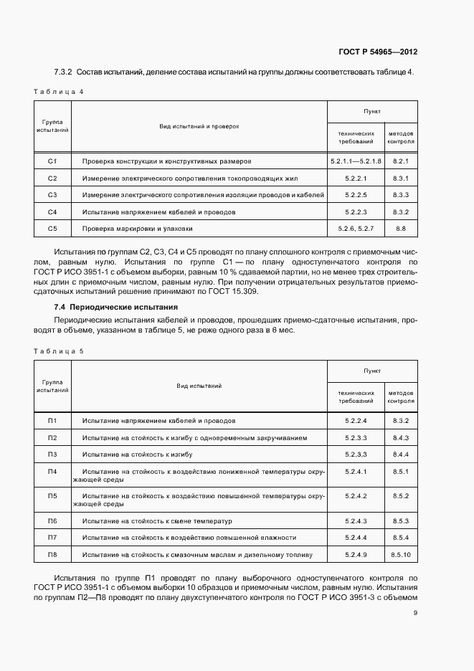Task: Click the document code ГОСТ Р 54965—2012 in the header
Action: pyautogui.click(x=378, y=52)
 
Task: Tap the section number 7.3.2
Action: pyautogui.click(x=65, y=72)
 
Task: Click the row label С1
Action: pyautogui.click(x=52, y=161)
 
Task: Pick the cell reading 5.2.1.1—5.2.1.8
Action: pyautogui.click(x=356, y=161)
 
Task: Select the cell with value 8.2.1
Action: pyautogui.click(x=401, y=161)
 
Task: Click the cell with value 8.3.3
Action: pyautogui.click(x=401, y=195)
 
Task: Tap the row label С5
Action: pyautogui.click(x=52, y=229)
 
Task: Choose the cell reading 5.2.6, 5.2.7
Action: pyautogui.click(x=356, y=229)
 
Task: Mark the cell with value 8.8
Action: pyautogui.click(x=401, y=229)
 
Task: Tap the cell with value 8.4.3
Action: pyautogui.click(x=401, y=437)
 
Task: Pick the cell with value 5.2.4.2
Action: pyautogui.click(x=356, y=496)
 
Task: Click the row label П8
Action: pyautogui.click(x=52, y=555)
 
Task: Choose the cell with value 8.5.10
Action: pyautogui.click(x=401, y=555)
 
